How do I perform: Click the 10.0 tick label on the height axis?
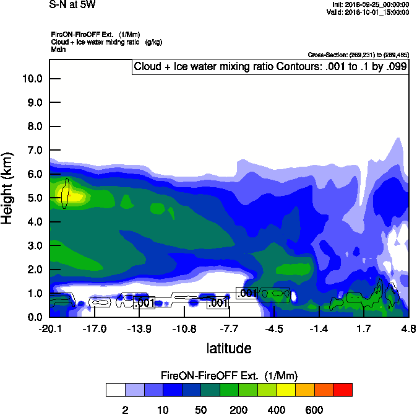(32, 79)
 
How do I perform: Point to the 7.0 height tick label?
(35, 151)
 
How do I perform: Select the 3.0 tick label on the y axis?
(35, 246)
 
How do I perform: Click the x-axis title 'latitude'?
(229, 348)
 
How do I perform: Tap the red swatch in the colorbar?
(343, 389)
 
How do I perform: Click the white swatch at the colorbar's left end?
(115, 389)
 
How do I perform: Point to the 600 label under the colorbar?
(314, 410)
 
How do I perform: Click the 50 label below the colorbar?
(200, 410)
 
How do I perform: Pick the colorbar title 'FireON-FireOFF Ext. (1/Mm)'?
(229, 376)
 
